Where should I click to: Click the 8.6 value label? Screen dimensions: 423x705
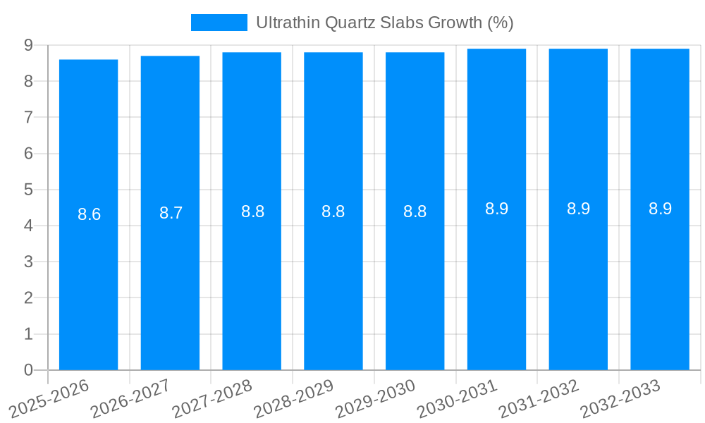click(89, 214)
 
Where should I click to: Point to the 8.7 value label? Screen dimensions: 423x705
click(171, 213)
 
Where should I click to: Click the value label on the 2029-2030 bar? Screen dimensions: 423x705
click(415, 211)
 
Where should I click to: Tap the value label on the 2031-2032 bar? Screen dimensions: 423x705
click(578, 209)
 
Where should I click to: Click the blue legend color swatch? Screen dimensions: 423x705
click(219, 23)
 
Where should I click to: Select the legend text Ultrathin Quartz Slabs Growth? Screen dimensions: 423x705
click(384, 23)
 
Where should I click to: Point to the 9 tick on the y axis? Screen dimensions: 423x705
click(28, 45)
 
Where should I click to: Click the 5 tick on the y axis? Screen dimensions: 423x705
click(28, 190)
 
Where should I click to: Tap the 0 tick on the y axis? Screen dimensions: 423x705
click(28, 370)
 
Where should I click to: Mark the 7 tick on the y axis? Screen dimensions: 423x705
click(28, 117)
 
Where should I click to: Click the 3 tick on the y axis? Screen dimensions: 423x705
click(28, 262)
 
